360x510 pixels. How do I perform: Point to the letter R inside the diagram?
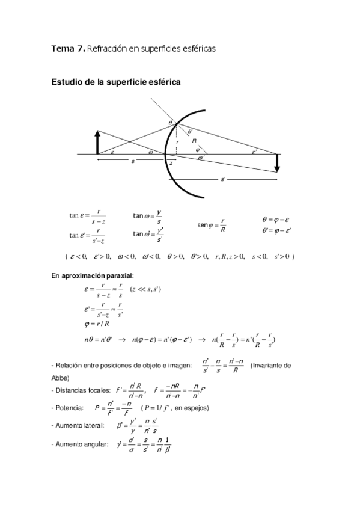pos(194,141)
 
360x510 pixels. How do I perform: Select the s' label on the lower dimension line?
pos(223,179)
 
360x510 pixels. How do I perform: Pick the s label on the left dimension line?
pos(132,161)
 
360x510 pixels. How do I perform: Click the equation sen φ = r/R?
pos(212,225)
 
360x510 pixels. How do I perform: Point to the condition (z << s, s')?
pos(145,289)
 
